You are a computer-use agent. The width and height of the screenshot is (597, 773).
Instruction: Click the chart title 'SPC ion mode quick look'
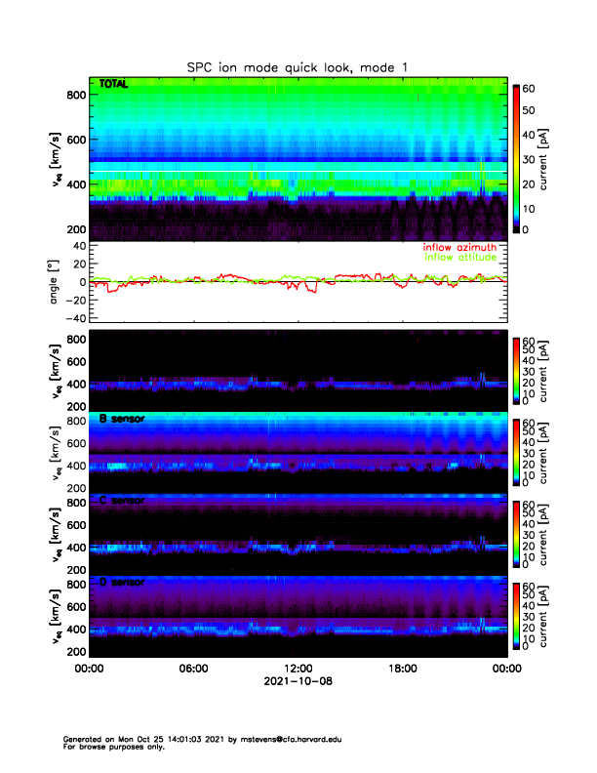(298, 66)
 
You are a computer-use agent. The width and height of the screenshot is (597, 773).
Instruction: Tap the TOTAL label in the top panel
(115, 85)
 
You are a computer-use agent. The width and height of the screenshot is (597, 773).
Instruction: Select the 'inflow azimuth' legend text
(459, 248)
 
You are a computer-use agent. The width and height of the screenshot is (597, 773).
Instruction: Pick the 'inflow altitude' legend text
(459, 258)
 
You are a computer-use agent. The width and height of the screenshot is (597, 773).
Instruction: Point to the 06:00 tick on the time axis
(193, 669)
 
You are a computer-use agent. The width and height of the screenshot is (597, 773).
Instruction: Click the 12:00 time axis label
(298, 669)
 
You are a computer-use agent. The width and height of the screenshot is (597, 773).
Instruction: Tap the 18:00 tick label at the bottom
(402, 669)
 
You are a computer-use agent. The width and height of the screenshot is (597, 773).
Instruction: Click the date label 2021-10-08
(298, 681)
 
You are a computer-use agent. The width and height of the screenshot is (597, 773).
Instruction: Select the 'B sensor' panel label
(122, 420)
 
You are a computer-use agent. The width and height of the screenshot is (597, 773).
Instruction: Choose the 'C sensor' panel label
(122, 501)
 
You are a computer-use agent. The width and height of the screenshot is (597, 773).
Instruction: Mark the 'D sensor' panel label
(122, 583)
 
